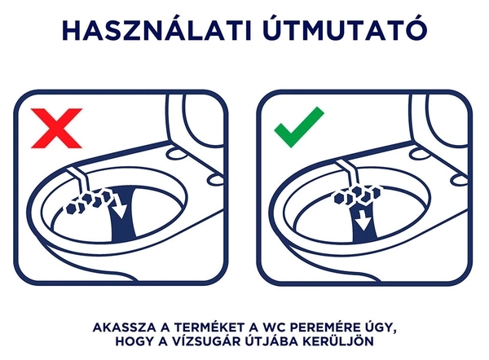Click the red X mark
[57, 128]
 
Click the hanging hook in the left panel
[79, 179]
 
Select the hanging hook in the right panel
[348, 175]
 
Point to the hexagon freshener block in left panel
[89, 202]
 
